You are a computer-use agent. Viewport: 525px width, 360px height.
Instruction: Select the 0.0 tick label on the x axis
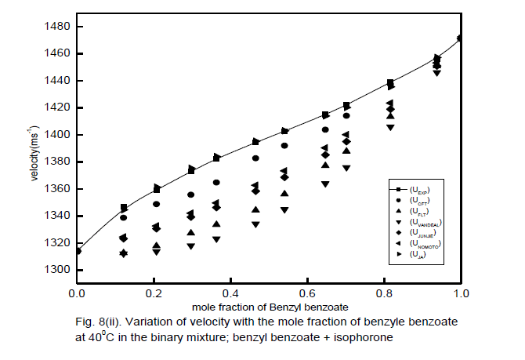[x=77, y=293]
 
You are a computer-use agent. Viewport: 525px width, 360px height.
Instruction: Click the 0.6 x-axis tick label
[x=308, y=293]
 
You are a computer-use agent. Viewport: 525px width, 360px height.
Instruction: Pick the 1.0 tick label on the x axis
[x=462, y=293]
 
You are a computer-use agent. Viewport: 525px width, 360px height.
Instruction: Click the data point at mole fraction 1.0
[x=461, y=38]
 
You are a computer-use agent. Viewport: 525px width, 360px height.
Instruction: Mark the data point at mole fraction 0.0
[x=77, y=251]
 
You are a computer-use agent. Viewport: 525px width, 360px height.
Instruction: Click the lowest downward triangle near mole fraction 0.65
[x=325, y=184]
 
